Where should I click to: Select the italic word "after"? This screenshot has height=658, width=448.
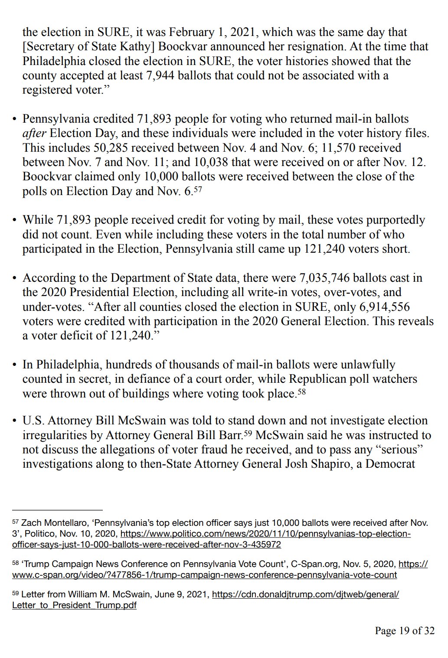pos(34,133)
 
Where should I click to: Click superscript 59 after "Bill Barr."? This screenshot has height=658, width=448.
pos(248,433)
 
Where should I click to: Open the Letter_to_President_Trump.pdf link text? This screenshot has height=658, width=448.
pos(74,605)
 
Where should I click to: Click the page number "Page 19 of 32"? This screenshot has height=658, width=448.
pos(404,631)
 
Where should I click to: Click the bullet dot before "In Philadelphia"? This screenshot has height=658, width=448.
pos(14,365)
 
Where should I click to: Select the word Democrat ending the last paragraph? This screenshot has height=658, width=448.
pos(390,464)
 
